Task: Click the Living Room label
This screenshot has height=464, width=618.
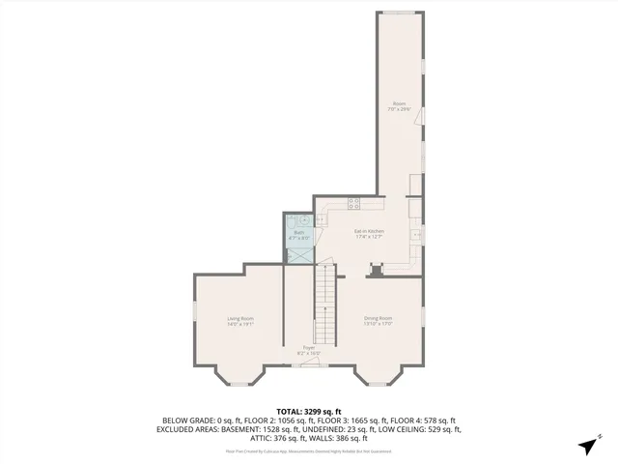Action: coord(240,318)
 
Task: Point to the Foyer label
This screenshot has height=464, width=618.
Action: coord(309,347)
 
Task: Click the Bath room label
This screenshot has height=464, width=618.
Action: coord(299,232)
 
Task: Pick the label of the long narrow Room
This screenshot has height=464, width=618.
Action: coord(399,103)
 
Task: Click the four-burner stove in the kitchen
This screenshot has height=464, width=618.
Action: coord(353,204)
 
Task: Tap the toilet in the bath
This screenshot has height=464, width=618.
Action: coord(291,222)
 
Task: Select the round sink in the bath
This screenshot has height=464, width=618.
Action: coord(305,220)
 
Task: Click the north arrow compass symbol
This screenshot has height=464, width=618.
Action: coord(586,445)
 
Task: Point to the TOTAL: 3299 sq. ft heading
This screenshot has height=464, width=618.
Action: coord(309,411)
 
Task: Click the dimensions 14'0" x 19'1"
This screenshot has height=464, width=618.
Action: coord(240,324)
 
